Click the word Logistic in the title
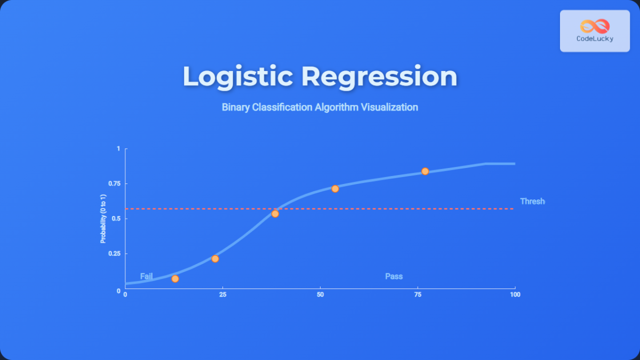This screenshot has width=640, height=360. click(237, 76)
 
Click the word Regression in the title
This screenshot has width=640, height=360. click(379, 76)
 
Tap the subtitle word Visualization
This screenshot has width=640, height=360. click(389, 107)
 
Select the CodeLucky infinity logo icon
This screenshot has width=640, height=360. click(595, 26)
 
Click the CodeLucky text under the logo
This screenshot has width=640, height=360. click(595, 39)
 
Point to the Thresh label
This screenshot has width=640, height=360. click(532, 202)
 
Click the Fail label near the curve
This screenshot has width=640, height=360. click(147, 276)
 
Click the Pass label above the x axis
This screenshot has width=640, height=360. click(394, 276)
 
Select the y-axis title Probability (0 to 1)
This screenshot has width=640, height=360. click(103, 219)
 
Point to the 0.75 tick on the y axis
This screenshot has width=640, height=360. click(115, 184)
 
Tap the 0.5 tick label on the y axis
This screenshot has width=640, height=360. click(117, 219)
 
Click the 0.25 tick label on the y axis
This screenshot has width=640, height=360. click(115, 253)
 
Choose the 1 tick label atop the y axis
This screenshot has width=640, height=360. click(119, 149)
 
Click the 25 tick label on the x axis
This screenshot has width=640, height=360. click(222, 294)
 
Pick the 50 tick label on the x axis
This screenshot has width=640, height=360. click(320, 294)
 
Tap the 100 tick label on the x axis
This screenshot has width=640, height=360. click(514, 294)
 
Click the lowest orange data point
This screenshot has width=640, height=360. click(175, 279)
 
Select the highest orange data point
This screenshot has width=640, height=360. click(425, 171)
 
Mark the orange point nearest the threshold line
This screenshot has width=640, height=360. click(275, 214)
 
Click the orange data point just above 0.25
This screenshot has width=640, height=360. click(215, 259)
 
